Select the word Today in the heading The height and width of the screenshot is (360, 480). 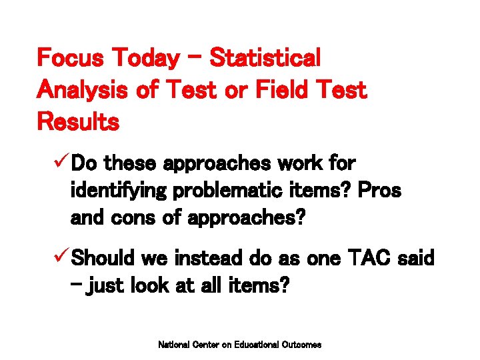[145, 59]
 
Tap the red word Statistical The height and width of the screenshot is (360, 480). [265, 59]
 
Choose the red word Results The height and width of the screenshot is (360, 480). [79, 122]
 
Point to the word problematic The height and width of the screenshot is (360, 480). [221, 191]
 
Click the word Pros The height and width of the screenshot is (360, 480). [379, 191]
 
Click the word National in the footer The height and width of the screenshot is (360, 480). [173, 345]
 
